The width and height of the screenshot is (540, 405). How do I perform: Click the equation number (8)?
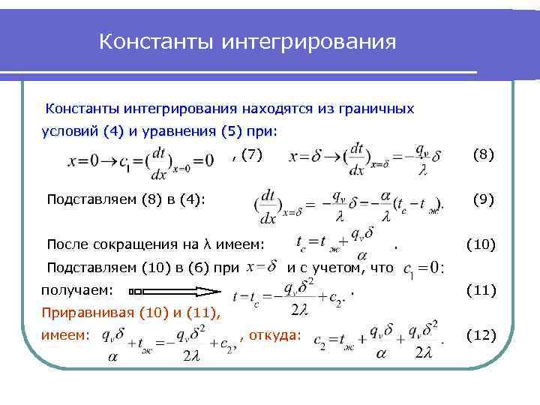pyautogui.click(x=483, y=155)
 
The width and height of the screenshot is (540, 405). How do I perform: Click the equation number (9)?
pyautogui.click(x=483, y=199)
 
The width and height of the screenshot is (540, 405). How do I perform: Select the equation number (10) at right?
pyautogui.click(x=481, y=244)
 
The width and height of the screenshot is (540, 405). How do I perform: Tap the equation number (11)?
pyautogui.click(x=481, y=289)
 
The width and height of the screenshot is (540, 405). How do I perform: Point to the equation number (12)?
pyautogui.click(x=481, y=334)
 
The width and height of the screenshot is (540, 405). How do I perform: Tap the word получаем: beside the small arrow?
pyautogui.click(x=76, y=289)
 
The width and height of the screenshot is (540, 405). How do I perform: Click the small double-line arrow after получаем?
pyautogui.click(x=140, y=290)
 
